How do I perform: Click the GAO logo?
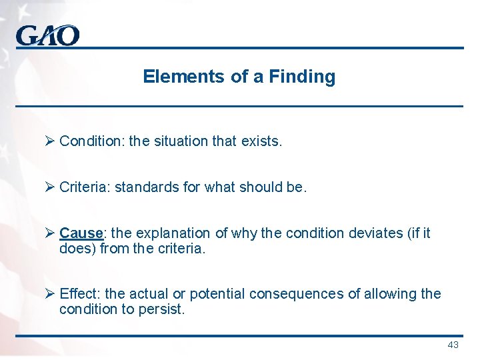[47, 35]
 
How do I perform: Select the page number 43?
[453, 345]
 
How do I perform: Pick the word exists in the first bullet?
[264, 141]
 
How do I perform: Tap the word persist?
[163, 309]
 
